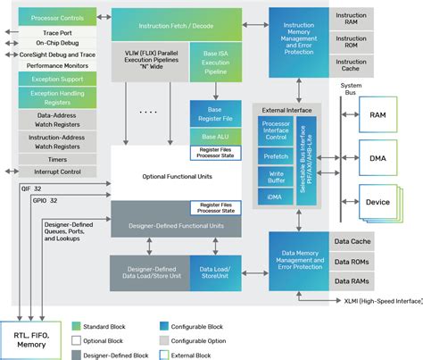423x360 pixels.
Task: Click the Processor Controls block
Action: [57, 18]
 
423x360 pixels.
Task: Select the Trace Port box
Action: [57, 31]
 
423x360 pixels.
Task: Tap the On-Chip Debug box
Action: [57, 43]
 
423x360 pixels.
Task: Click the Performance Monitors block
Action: [57, 66]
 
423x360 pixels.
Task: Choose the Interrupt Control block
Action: [57, 171]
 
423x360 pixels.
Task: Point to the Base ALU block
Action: [215, 134]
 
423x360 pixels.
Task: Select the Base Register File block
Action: [215, 113]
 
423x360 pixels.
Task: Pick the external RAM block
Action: [377, 115]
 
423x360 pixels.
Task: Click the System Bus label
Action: [351, 88]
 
